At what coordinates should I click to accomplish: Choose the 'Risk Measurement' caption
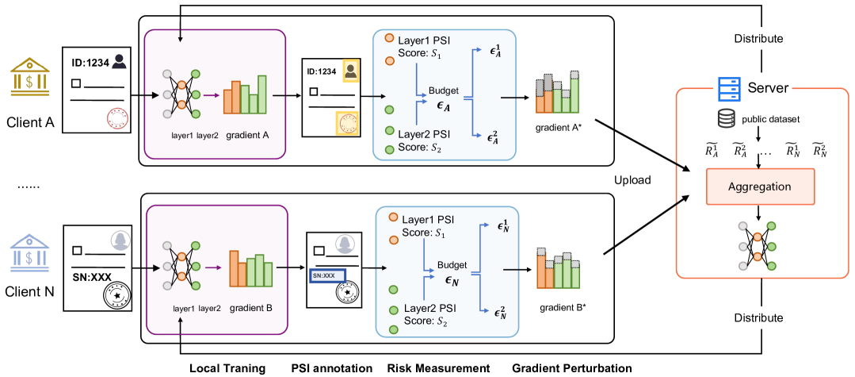point(438,368)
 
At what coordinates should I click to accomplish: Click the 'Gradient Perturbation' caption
point(571,368)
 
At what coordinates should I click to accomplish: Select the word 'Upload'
point(632,180)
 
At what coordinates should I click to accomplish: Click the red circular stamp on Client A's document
point(116,120)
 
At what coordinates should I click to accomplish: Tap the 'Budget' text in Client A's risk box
point(443,90)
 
